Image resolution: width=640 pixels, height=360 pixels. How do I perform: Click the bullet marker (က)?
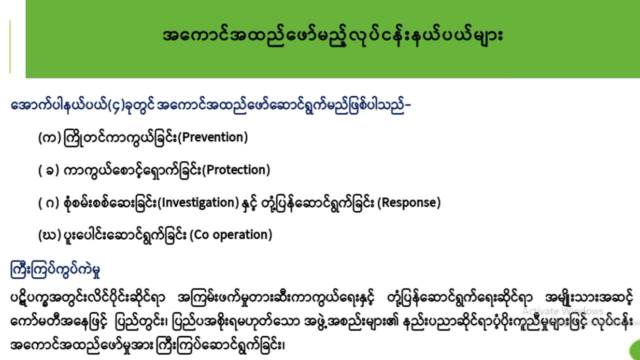[x=49, y=138]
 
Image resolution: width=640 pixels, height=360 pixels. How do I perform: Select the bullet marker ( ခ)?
[x=48, y=170]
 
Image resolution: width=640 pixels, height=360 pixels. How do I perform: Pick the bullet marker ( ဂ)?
[x=48, y=203]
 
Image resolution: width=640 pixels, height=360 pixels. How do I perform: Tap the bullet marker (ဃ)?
[x=49, y=235]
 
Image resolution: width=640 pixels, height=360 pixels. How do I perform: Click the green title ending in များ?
[x=333, y=36]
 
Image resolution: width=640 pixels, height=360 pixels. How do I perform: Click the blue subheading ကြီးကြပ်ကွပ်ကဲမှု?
[x=55, y=269]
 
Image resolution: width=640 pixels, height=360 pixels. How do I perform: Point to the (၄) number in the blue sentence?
[x=116, y=105]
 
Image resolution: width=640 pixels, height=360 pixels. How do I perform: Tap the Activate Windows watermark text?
[x=563, y=311]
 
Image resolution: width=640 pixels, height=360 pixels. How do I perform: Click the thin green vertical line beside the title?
[x=10, y=46]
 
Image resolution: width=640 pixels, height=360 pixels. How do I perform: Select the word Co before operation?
[x=201, y=235]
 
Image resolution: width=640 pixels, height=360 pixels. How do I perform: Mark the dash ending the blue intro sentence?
[x=407, y=105]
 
